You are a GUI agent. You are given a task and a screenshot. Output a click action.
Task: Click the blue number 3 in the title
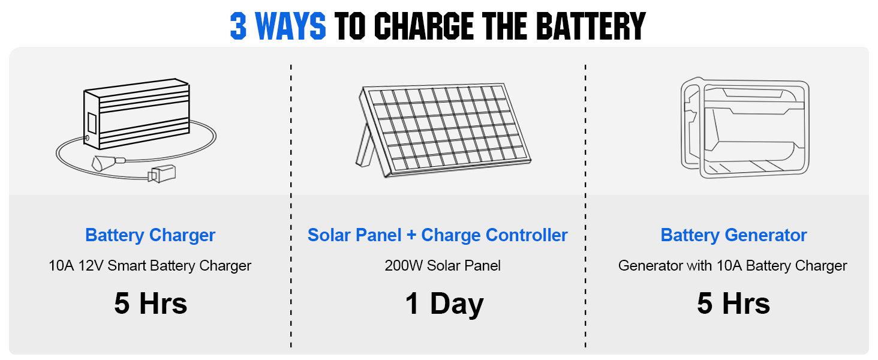coord(238,26)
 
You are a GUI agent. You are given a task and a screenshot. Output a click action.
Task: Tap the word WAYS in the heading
coord(290,26)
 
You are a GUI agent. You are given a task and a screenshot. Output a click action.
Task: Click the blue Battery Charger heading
coord(150,235)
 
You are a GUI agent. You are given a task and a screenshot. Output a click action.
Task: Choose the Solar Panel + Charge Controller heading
coord(437,235)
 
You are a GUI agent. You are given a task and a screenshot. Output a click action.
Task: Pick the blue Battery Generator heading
coord(733,235)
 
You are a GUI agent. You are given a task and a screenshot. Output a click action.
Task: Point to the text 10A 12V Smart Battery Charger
coord(150,266)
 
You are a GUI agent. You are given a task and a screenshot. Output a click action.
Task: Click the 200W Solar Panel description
coord(443,266)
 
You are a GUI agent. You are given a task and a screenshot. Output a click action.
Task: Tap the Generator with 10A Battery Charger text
coord(733,266)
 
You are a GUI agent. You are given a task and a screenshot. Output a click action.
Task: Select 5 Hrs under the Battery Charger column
coord(151,303)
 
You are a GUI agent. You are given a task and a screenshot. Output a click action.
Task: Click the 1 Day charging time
coord(444,304)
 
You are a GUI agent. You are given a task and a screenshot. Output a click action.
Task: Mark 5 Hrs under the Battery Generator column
coord(733,303)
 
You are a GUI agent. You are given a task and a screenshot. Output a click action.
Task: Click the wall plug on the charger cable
coord(161,174)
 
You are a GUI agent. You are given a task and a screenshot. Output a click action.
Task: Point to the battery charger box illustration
coord(136,114)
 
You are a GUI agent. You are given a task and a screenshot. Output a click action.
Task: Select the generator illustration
coord(745,128)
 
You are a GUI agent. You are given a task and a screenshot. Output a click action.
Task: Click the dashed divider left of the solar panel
coord(291,206)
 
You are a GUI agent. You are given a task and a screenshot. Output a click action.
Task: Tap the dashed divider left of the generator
coord(585,206)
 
